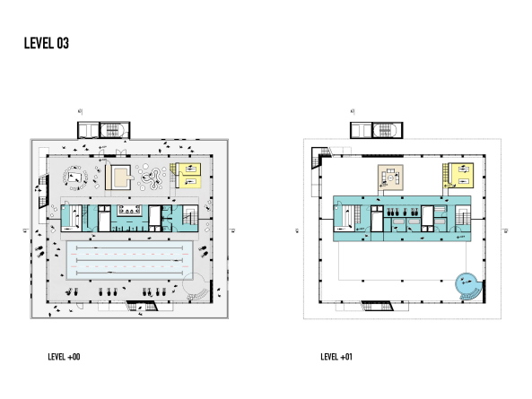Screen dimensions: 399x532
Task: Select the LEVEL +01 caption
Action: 336,357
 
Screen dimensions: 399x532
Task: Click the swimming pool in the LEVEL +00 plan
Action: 131,259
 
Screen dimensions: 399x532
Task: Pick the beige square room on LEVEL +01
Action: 391,178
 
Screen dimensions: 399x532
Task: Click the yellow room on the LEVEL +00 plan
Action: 190,174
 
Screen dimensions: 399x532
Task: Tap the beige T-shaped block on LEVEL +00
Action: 119,175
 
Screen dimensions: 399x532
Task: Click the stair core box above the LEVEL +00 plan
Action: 115,128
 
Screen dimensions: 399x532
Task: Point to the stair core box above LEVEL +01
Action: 380,129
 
